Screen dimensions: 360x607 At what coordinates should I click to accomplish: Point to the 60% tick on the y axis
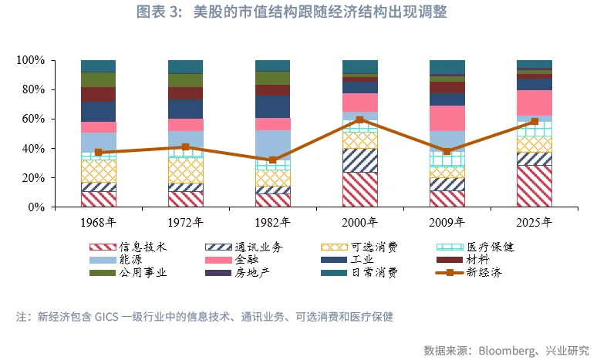(35, 119)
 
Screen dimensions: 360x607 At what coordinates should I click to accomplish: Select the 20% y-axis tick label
(35, 177)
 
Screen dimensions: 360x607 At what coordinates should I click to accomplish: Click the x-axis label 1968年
(98, 223)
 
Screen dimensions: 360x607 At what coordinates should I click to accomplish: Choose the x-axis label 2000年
(359, 223)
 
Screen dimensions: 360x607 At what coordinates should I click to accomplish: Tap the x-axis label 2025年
(534, 223)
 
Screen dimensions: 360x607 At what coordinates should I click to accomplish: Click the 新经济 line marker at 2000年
(359, 119)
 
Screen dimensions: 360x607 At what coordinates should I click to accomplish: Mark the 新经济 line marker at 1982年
(272, 160)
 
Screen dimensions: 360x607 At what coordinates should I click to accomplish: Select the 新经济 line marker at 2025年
(534, 121)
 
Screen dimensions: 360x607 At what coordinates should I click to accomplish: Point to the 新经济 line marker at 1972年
(185, 146)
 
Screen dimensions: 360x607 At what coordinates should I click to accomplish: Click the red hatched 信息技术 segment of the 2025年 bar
(534, 186)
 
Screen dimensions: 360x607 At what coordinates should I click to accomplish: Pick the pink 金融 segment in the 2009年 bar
(447, 118)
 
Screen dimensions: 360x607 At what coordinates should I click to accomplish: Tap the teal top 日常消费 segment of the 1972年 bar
(185, 66)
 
